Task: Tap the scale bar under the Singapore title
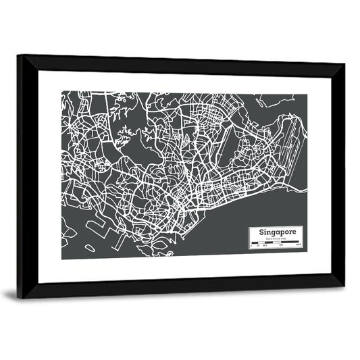(276, 243)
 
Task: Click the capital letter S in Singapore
(253, 232)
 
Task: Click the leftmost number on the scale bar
(251, 247)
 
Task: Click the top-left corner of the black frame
(18, 57)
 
